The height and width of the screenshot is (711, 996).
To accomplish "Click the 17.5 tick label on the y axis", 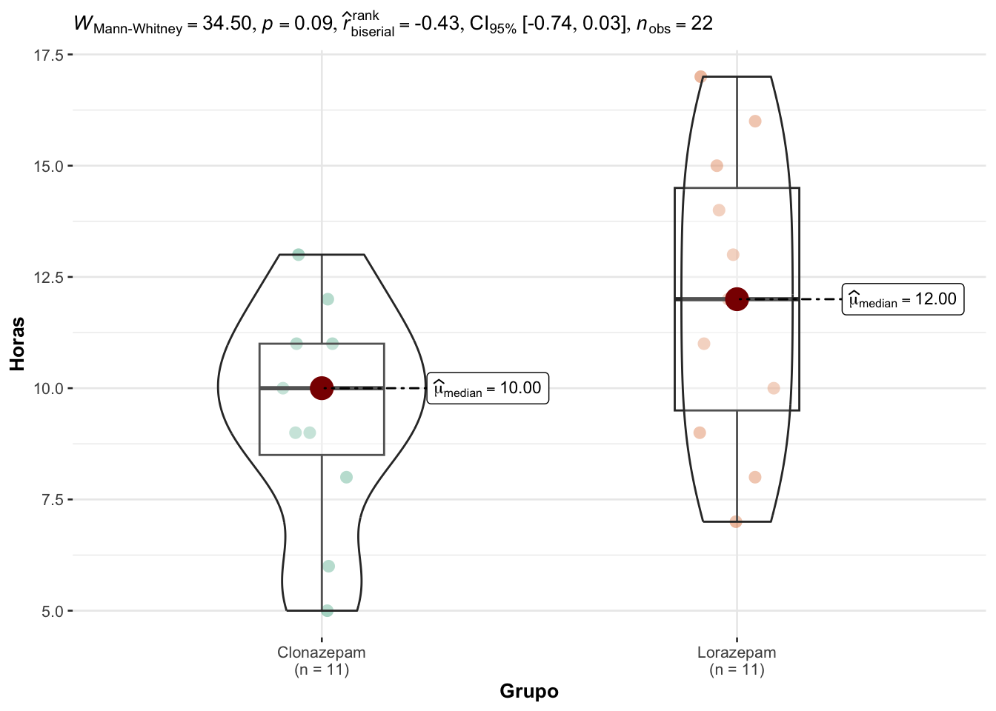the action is (49, 55).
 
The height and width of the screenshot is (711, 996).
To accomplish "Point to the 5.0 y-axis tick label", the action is (53, 612).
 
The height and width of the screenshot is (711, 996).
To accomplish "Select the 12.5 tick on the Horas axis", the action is (49, 277).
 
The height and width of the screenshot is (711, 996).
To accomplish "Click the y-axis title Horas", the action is (17, 344).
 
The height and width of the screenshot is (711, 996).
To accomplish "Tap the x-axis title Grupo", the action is (529, 692).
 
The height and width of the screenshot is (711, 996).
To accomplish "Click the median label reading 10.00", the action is (488, 388).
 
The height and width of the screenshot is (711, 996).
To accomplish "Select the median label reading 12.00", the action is (903, 299).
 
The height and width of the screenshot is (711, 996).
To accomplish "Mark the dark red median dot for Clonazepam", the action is (322, 388).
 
